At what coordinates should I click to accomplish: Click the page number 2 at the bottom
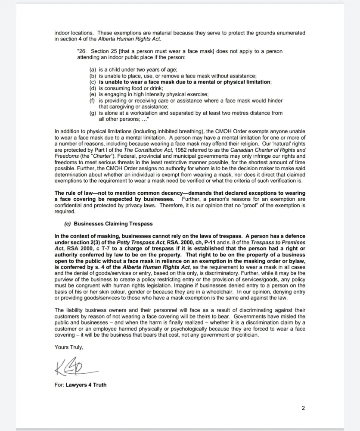click(x=303, y=408)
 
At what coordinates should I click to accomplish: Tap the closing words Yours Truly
click(x=69, y=347)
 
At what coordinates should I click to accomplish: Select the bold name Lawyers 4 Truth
click(x=86, y=384)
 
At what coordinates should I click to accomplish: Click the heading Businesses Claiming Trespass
click(x=113, y=224)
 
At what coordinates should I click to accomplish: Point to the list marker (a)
click(x=93, y=69)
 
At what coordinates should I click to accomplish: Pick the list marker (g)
click(x=93, y=113)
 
